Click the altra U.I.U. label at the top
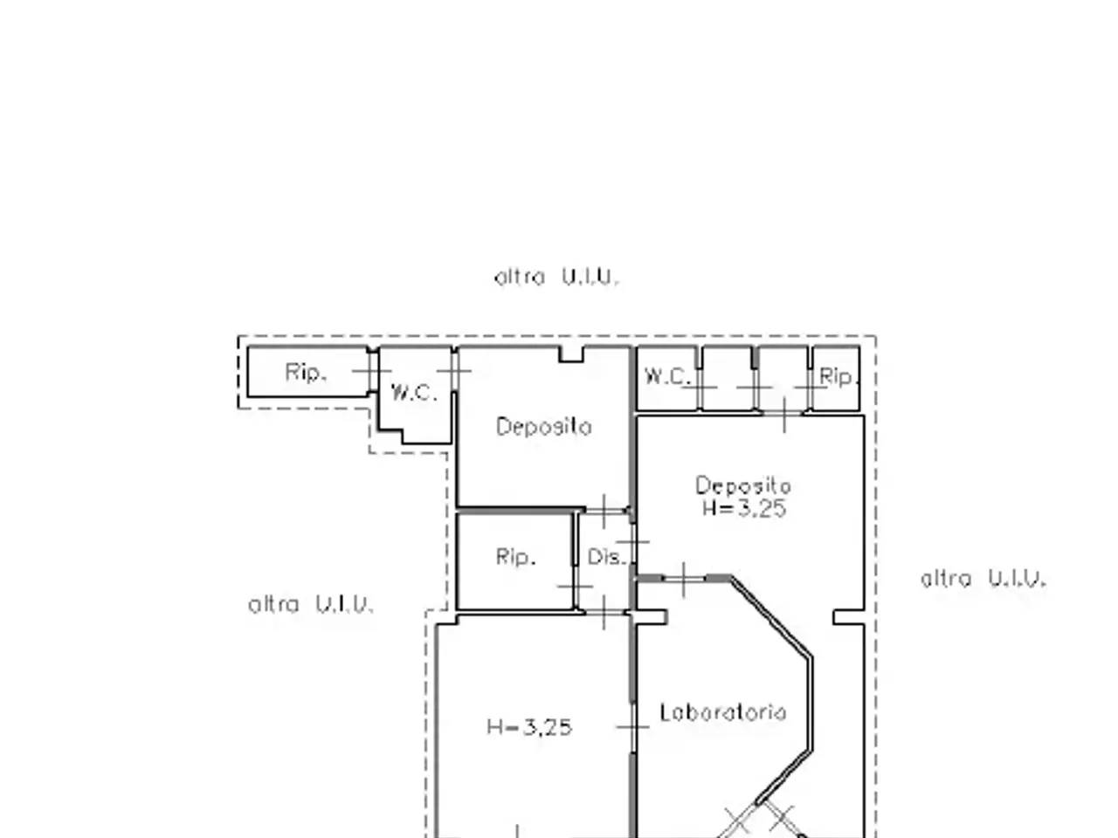click(x=556, y=278)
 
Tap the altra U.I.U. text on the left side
click(x=311, y=604)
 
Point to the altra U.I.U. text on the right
click(x=983, y=579)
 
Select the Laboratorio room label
click(x=722, y=712)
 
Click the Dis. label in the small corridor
click(x=606, y=557)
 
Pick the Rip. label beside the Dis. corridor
click(x=515, y=557)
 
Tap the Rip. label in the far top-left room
click(x=305, y=373)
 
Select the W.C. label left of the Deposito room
click(x=414, y=393)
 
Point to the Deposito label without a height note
click(x=544, y=426)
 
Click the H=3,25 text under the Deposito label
click(x=744, y=508)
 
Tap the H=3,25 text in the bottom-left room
click(x=529, y=727)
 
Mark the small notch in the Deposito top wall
click(x=571, y=354)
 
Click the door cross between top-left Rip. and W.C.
click(x=372, y=370)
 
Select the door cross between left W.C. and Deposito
click(x=454, y=371)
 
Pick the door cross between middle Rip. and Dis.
click(x=576, y=587)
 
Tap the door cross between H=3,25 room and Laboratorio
click(x=632, y=726)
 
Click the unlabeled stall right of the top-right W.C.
click(x=727, y=377)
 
